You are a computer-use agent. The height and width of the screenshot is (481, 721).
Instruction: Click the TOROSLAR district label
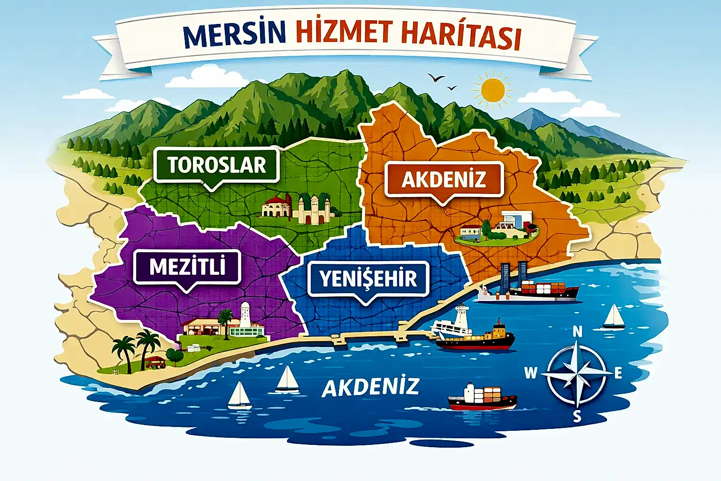216,165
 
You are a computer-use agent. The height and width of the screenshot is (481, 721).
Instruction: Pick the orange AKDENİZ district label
444,179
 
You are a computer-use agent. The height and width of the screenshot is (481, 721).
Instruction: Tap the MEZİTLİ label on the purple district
187,267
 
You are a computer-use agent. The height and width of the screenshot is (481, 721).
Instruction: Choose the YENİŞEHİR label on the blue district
368,279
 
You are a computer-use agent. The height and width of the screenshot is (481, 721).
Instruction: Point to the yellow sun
492,90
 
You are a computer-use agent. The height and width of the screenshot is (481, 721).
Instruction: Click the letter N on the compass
577,332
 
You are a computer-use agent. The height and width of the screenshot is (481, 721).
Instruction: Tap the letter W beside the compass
530,373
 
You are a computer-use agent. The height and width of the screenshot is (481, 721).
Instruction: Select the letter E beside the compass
618,373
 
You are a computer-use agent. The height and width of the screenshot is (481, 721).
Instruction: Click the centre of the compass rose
577,373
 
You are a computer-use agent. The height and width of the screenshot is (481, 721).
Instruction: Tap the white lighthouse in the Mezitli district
245,316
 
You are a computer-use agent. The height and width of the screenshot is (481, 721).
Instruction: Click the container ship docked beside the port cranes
540,290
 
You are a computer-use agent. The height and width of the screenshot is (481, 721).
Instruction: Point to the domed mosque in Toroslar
277,207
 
